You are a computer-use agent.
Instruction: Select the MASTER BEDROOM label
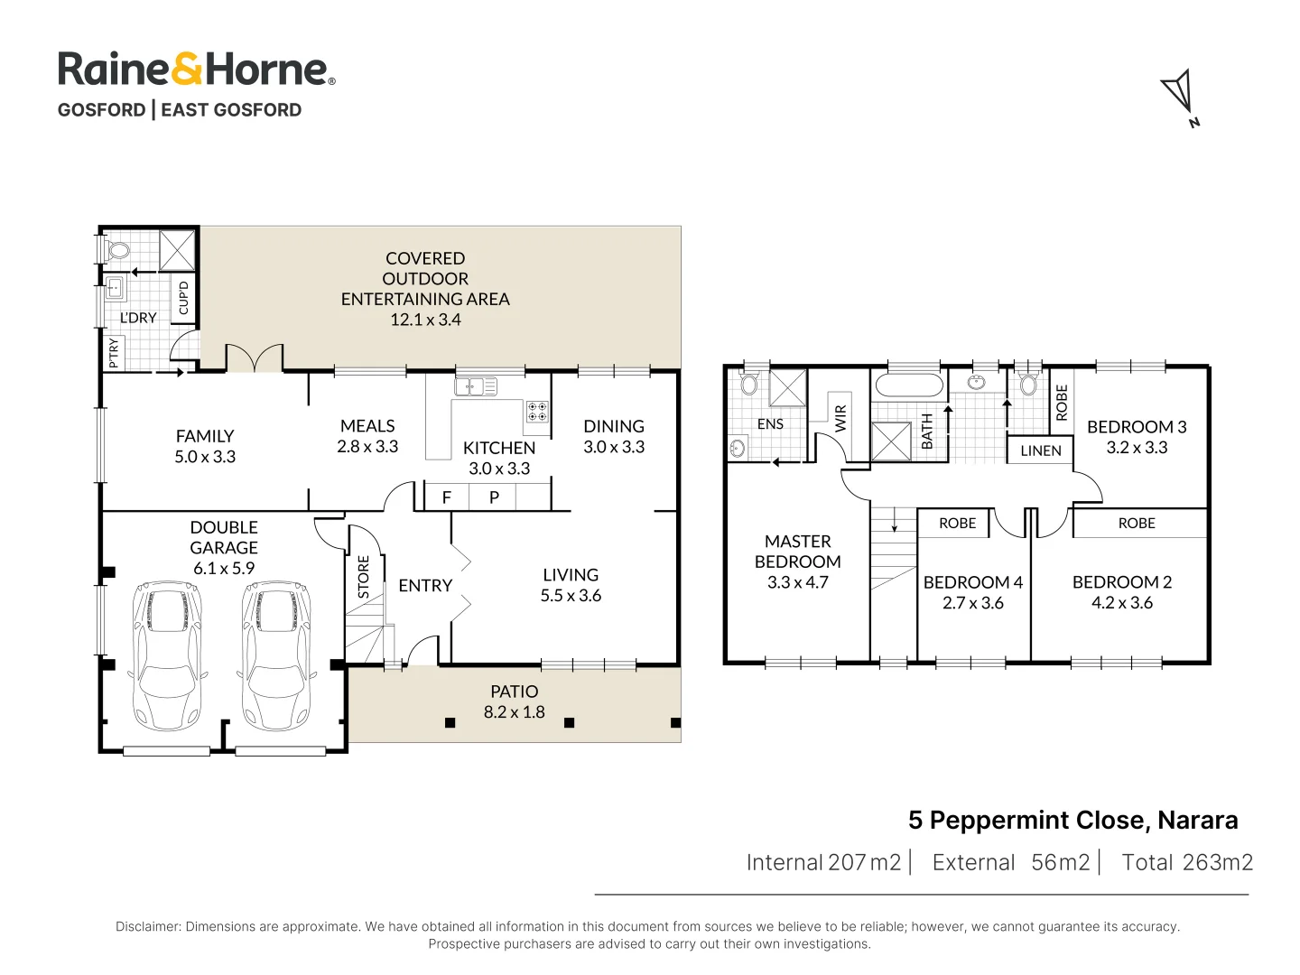(x=797, y=551)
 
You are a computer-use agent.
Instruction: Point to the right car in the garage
(x=276, y=655)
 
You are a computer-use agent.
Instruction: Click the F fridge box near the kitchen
(x=447, y=497)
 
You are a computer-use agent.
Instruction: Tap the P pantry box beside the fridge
(x=494, y=497)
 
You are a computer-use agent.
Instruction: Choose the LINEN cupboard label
(x=1041, y=450)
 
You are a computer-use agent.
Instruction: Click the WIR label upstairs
(x=840, y=419)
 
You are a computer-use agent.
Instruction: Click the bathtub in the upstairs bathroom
(x=908, y=385)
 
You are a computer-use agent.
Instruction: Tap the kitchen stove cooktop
(x=537, y=411)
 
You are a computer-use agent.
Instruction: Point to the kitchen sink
(x=476, y=387)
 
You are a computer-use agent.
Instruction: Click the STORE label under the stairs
(x=363, y=577)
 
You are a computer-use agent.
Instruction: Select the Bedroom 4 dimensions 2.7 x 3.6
(x=972, y=603)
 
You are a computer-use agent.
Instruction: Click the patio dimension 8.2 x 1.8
(x=514, y=711)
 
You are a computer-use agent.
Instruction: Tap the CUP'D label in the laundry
(x=183, y=298)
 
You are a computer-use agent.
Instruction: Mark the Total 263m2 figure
(x=1187, y=862)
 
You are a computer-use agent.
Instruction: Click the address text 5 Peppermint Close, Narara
(x=1073, y=821)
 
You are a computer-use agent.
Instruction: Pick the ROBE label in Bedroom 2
(x=1137, y=524)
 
